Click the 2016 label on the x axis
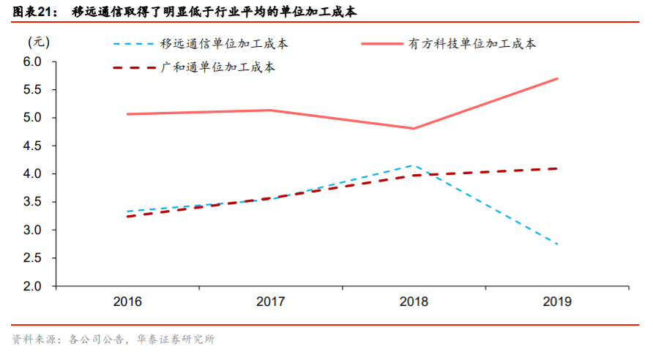128,301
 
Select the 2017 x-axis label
272,301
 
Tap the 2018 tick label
414,301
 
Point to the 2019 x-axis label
558,301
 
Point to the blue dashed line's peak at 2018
414,165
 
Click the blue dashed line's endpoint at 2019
558,244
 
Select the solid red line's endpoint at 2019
558,78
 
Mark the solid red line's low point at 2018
414,129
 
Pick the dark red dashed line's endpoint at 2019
558,168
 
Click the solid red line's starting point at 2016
128,114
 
